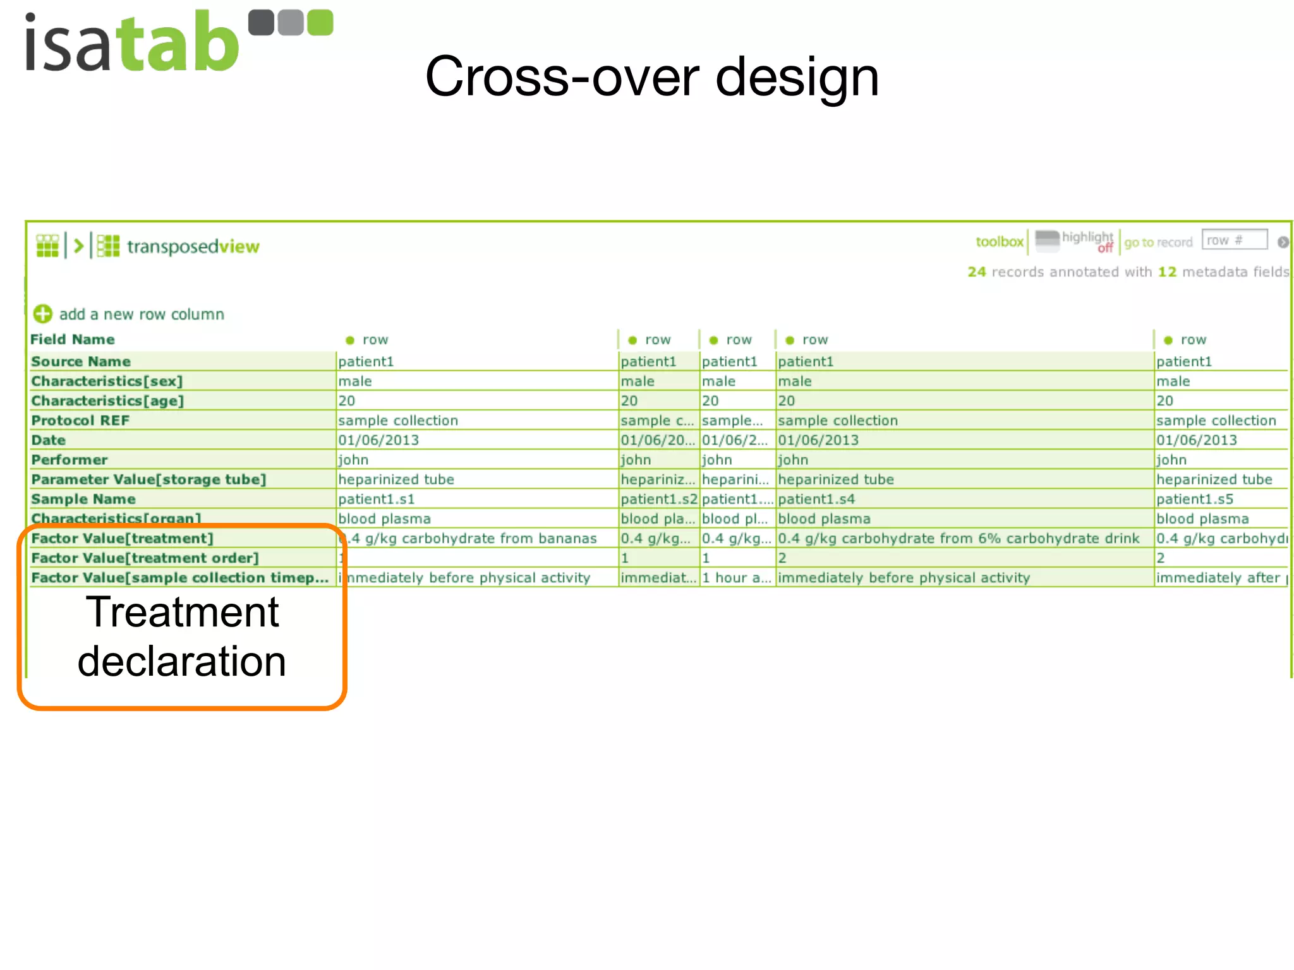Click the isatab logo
tap(178, 42)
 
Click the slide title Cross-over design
tap(651, 76)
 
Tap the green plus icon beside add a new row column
tap(42, 314)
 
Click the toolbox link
tap(999, 242)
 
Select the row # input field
tap(1234, 241)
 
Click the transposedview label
tap(193, 246)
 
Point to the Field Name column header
tap(73, 340)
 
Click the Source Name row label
tap(81, 362)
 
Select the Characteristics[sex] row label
tap(107, 381)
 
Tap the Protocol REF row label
tap(80, 421)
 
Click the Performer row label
tap(70, 460)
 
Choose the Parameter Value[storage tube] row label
tap(148, 479)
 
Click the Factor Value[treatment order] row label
tap(145, 558)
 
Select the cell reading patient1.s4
tap(816, 500)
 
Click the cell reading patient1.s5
tap(1194, 500)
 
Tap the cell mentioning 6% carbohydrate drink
tap(958, 539)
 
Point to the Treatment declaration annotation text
tap(182, 637)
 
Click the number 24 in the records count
tap(976, 272)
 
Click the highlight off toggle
tap(1086, 241)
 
